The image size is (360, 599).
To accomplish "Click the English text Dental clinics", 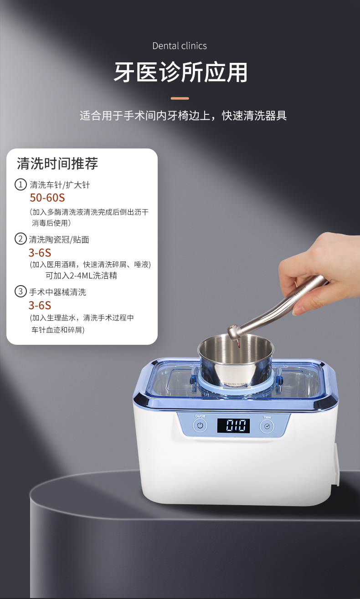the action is tap(180, 46).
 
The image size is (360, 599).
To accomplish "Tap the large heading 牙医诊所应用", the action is tap(180, 72).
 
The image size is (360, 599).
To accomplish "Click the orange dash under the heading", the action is tap(180, 98).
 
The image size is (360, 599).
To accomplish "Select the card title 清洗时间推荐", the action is tap(57, 164).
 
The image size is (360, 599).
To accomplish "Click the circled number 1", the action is tap(21, 184).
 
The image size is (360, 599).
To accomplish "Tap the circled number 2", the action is tap(21, 239).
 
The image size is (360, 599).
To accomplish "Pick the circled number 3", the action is tap(21, 291).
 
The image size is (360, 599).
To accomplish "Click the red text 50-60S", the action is tap(47, 198).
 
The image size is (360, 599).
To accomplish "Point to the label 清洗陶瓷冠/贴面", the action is tap(59, 239).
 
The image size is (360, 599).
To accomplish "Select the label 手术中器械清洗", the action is tap(57, 292).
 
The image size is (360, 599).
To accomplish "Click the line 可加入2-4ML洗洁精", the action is tap(81, 276).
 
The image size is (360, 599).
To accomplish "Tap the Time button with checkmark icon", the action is tap(267, 426).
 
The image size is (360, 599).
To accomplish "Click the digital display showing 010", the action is tap(233, 425).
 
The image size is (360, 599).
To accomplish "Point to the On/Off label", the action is tap(200, 416).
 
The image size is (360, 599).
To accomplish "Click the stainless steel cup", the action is tap(236, 360).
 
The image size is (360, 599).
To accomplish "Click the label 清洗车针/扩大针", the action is tap(60, 185).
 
